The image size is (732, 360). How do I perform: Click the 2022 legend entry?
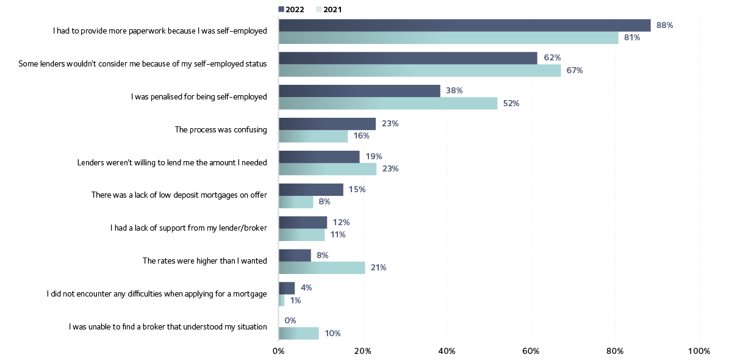(291, 9)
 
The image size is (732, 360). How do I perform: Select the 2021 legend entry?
(328, 9)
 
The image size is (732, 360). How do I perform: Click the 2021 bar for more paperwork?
(448, 38)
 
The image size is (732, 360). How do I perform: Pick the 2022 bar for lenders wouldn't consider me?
(408, 58)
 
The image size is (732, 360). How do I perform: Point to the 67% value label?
(574, 71)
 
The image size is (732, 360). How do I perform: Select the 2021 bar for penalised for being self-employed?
(388, 104)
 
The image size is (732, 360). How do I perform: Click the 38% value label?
(454, 90)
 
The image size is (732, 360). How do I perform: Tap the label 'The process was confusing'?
(221, 129)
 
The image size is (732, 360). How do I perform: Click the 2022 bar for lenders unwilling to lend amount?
(319, 156)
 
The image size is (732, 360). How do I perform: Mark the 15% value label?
(356, 189)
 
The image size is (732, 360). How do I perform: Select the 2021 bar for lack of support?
(302, 235)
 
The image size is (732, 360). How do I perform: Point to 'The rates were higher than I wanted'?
(204, 261)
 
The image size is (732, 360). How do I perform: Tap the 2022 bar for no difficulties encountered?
(287, 287)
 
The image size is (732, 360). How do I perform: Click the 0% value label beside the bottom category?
(290, 320)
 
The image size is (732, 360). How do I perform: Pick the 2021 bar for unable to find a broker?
(299, 333)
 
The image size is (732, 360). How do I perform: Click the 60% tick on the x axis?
(531, 351)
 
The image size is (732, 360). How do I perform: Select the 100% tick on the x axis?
(698, 351)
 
